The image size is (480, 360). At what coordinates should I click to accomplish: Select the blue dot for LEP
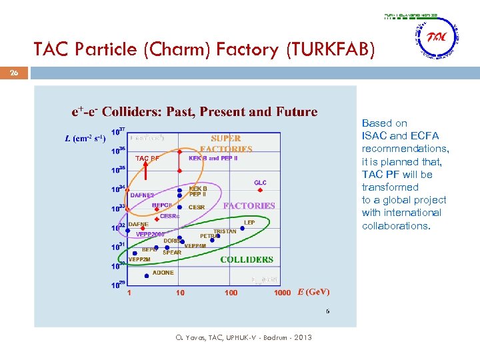click(243, 228)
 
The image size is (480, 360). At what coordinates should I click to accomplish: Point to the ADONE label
click(163, 273)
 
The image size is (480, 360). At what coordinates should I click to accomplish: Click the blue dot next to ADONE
click(147, 275)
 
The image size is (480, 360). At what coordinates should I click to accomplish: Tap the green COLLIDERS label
click(247, 259)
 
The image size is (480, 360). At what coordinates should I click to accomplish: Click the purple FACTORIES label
click(249, 206)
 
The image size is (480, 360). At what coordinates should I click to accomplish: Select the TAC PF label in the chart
click(147, 159)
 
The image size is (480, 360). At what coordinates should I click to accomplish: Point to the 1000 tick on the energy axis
click(282, 293)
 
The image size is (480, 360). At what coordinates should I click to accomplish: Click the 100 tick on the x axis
click(231, 293)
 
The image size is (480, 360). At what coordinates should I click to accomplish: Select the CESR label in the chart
click(197, 207)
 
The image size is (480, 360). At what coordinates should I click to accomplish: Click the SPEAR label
click(172, 253)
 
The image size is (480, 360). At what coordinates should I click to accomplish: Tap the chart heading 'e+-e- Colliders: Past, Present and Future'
click(194, 112)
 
